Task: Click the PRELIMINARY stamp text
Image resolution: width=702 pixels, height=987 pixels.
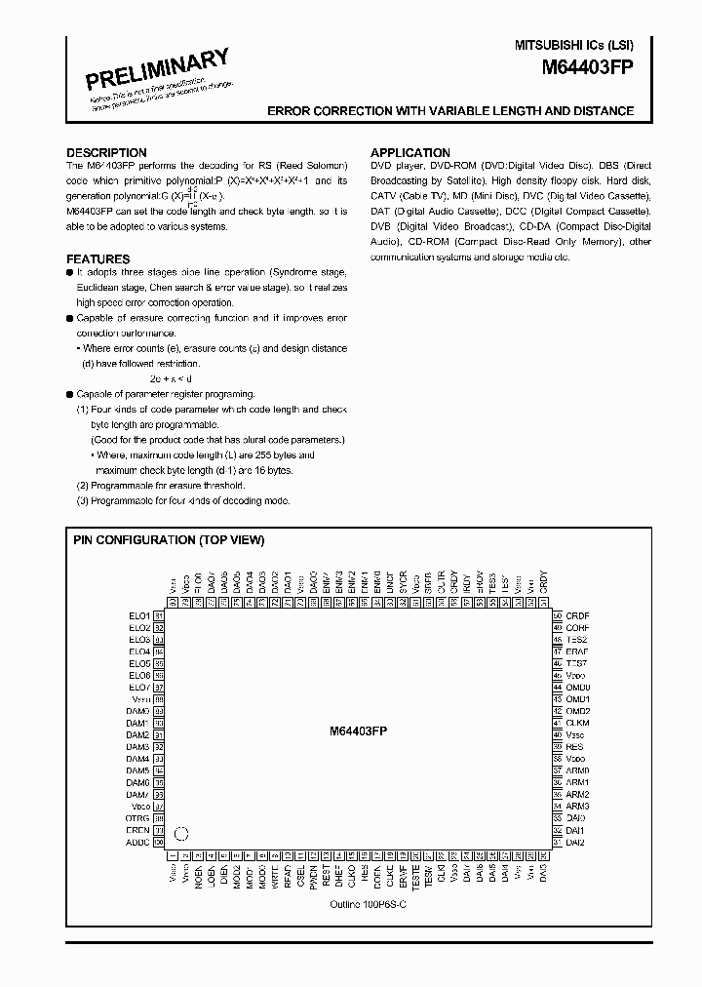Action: (x=158, y=69)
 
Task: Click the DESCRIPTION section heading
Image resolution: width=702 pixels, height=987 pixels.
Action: (x=106, y=153)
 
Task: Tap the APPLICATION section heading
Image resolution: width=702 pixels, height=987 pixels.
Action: (x=410, y=153)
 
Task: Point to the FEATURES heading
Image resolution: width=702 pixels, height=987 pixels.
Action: (x=98, y=259)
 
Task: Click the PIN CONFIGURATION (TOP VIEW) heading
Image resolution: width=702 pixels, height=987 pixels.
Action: (x=169, y=540)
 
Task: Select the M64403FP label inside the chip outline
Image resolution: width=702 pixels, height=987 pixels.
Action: (x=358, y=730)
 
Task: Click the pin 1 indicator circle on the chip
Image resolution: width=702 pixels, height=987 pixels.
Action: (x=180, y=834)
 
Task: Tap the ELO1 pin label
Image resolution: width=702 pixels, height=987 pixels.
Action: (x=138, y=616)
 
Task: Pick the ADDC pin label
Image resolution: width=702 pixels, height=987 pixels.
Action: (x=137, y=842)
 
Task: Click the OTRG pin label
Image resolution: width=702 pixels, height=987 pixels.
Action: (x=137, y=818)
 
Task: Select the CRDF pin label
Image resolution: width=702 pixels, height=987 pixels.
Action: (x=578, y=616)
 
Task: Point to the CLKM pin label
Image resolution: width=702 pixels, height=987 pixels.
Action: (x=578, y=723)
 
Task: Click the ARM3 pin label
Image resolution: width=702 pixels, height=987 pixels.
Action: (x=578, y=807)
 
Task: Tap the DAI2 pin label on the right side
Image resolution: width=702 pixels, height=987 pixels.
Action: (x=576, y=842)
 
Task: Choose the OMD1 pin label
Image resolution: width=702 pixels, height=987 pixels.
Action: (x=578, y=699)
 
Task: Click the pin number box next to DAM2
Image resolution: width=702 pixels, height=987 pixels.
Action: (x=159, y=735)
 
